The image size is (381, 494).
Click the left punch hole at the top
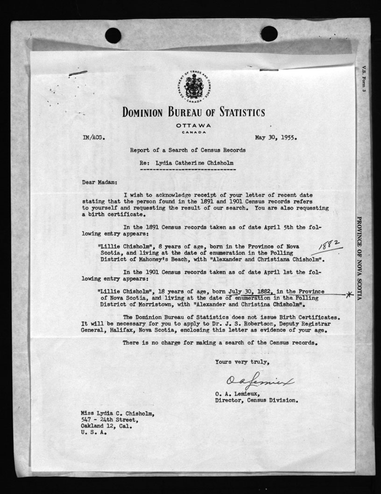(113, 35)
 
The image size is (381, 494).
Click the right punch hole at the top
(269, 34)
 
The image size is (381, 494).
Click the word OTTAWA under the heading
(193, 126)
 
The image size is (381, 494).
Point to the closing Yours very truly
(242, 361)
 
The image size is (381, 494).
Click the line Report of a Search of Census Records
(188, 150)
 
